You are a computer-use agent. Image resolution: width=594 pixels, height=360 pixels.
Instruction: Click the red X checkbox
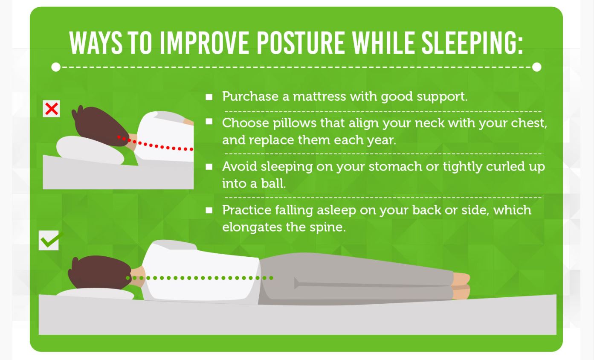coord(51,108)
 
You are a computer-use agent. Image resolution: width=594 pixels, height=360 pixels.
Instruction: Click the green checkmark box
coord(49,240)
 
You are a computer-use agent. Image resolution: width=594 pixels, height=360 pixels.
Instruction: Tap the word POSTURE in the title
coord(301,43)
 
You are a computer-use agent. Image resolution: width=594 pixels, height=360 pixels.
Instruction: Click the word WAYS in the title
coord(96,43)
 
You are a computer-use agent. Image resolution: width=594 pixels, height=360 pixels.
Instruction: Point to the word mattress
coord(320,96)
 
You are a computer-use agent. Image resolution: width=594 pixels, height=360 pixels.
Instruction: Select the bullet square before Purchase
coord(209,97)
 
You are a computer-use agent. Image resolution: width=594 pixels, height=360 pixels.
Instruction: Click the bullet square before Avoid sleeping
coord(209,167)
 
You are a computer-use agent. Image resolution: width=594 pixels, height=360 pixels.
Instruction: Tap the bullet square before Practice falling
coord(209,210)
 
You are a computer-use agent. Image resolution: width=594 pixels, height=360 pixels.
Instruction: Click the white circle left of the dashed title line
coord(56,67)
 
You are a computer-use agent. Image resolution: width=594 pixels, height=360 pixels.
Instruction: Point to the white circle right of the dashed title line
coord(536,67)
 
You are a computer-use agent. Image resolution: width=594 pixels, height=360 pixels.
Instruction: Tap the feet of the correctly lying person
coord(461,286)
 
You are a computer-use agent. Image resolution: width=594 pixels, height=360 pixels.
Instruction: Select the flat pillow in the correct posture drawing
coord(96,294)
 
